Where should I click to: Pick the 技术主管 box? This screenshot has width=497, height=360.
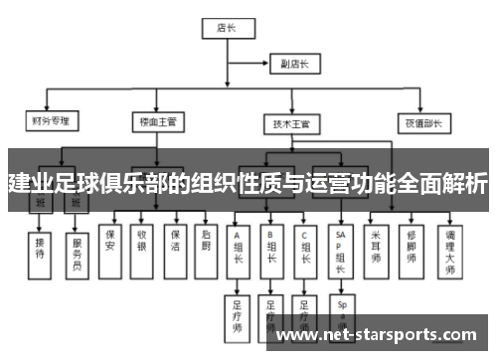pos(291,123)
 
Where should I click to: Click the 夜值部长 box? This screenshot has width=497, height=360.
pos(420,123)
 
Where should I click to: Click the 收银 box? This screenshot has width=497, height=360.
pos(142,241)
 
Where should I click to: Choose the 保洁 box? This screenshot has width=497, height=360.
pos(174,241)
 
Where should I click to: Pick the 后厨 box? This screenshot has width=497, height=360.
pos(206,241)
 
